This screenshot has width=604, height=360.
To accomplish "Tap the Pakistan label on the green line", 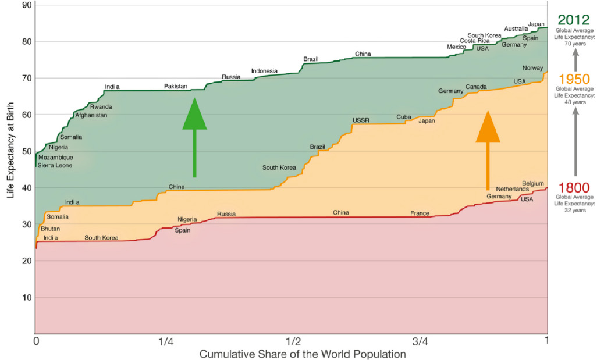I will click(176, 86).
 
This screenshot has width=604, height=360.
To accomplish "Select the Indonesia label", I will click(264, 71).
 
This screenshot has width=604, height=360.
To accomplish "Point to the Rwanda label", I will click(101, 107).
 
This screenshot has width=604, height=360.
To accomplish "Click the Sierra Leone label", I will click(55, 166).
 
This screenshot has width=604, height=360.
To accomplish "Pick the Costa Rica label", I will click(475, 41).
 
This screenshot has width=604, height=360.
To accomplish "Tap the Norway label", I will click(532, 68).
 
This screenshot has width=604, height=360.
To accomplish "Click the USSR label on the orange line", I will click(361, 120).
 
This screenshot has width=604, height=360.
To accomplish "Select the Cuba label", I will click(404, 117).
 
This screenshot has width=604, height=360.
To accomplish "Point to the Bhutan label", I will click(50, 229).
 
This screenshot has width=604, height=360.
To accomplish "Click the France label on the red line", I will click(420, 213).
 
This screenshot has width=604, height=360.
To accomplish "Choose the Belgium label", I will click(533, 183).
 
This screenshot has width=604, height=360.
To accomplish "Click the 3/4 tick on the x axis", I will click(420, 341).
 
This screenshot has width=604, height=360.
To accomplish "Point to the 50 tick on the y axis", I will click(26, 151).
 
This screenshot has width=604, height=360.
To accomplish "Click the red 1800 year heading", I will click(574, 187).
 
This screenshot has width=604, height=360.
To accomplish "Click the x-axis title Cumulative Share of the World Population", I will click(303, 354).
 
